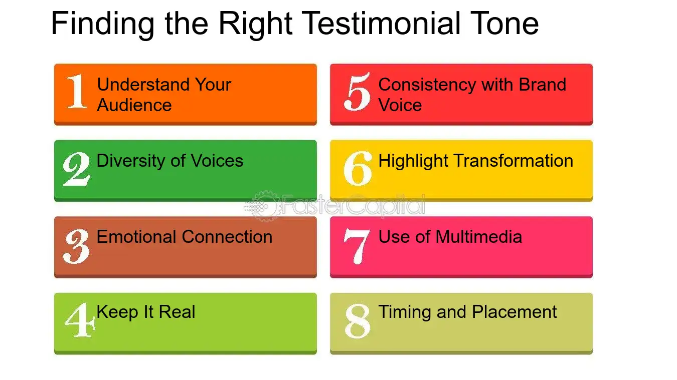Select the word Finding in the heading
(x=103, y=25)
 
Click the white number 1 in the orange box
(x=77, y=91)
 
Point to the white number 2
(x=76, y=169)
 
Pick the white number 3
(x=76, y=246)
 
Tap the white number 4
(x=80, y=320)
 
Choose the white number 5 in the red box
(x=357, y=92)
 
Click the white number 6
(x=358, y=168)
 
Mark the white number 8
(x=358, y=321)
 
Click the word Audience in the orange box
(x=134, y=105)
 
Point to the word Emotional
(x=136, y=236)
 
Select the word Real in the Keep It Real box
(x=177, y=311)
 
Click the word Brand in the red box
(x=542, y=84)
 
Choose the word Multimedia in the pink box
(x=479, y=236)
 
